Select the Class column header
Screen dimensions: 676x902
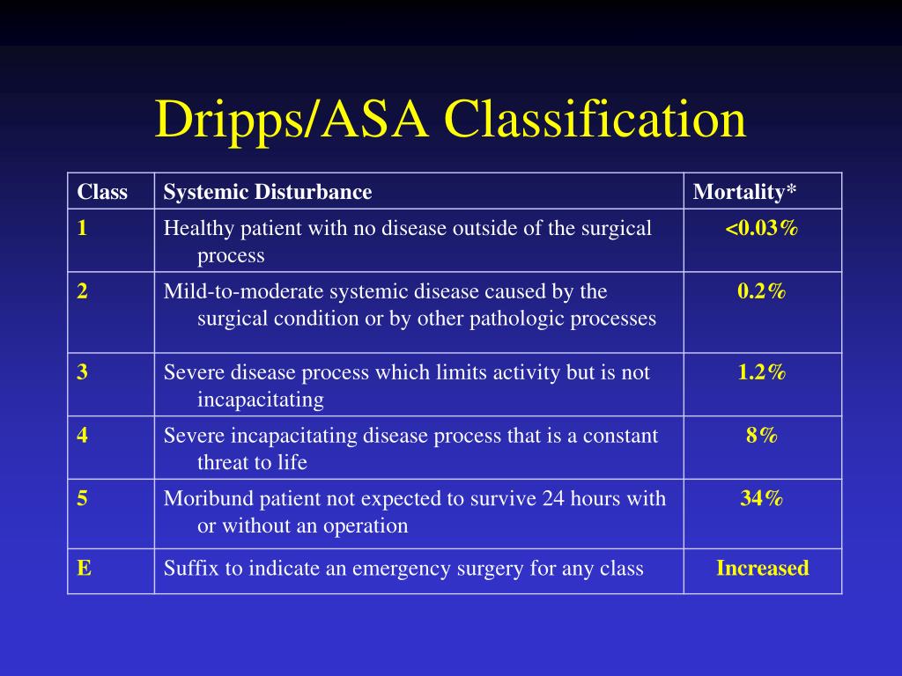click(x=102, y=192)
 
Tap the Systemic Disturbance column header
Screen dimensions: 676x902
click(x=268, y=192)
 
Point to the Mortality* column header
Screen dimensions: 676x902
click(x=744, y=192)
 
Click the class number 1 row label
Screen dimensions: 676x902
click(x=82, y=229)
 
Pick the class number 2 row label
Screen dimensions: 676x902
click(x=82, y=291)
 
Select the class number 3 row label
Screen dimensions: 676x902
click(x=82, y=372)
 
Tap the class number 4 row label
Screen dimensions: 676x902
click(x=82, y=436)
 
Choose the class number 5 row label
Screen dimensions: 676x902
click(x=82, y=499)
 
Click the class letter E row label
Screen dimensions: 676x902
click(x=83, y=569)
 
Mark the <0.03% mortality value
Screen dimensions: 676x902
click(x=762, y=229)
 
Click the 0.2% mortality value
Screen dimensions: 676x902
click(x=762, y=291)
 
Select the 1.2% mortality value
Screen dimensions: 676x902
click(x=762, y=372)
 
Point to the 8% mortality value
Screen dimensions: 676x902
click(x=762, y=436)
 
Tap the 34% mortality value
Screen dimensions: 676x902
click(x=762, y=499)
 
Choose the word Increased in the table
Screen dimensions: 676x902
click(x=763, y=569)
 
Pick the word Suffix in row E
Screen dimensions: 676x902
click(x=190, y=569)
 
